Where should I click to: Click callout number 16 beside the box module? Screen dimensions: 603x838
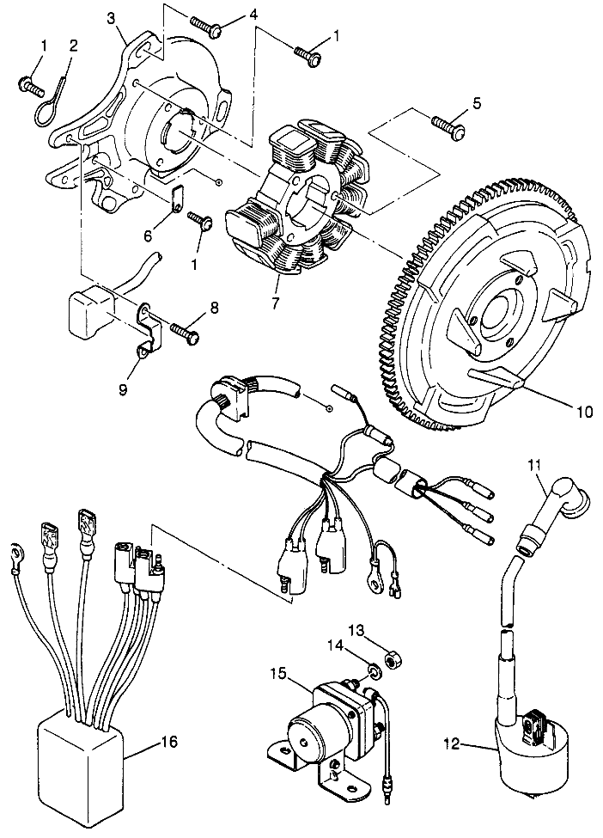[x=167, y=741]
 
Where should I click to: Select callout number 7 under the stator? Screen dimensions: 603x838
[x=275, y=303]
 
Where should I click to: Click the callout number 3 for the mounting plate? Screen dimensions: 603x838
[x=111, y=18]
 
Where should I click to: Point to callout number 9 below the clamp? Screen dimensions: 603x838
[x=123, y=390]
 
